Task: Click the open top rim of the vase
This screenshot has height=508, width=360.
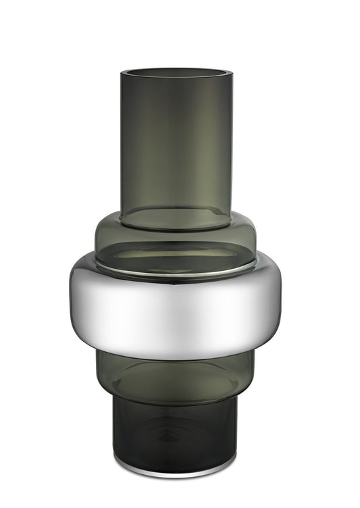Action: (176, 71)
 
